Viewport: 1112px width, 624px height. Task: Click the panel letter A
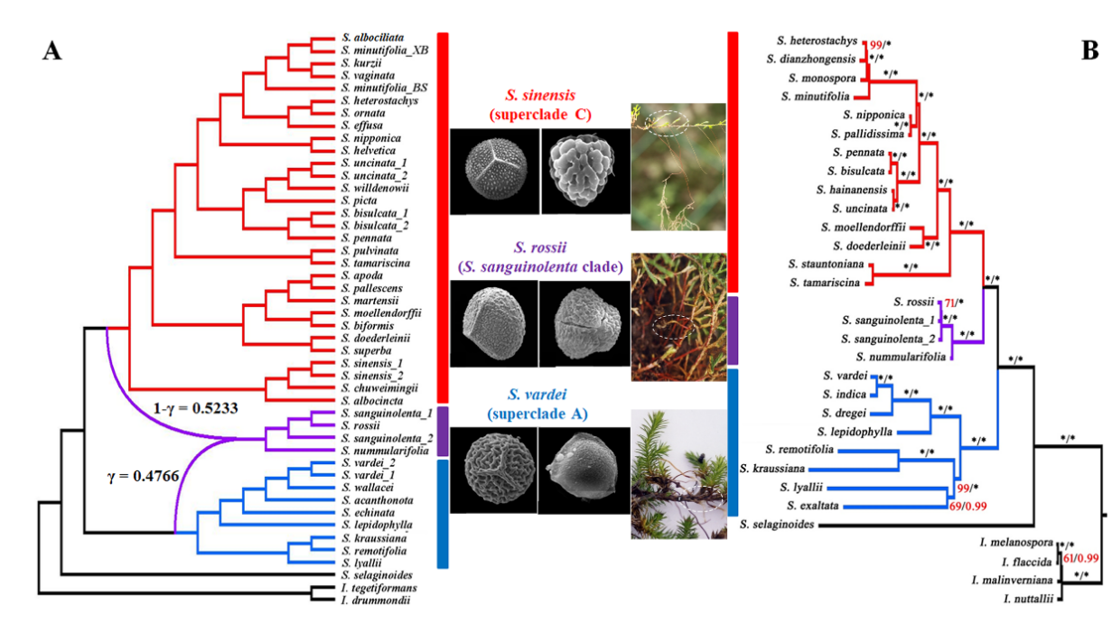tap(52, 51)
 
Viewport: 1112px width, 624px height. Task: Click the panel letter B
tap(1090, 51)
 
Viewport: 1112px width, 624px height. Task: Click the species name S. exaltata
tap(816, 505)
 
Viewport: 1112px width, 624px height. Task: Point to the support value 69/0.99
tap(969, 508)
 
